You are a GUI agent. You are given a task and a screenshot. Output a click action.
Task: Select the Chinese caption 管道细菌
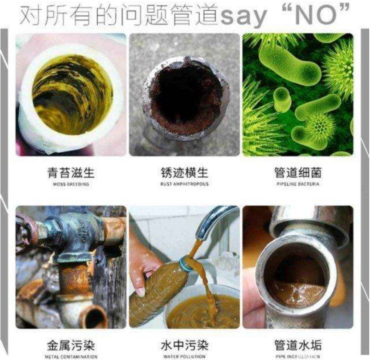298,174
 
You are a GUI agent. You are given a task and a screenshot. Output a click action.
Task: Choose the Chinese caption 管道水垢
298,346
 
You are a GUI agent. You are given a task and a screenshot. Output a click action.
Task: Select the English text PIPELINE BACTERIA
298,185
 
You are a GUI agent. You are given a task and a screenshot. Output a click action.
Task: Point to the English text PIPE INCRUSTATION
298,356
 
